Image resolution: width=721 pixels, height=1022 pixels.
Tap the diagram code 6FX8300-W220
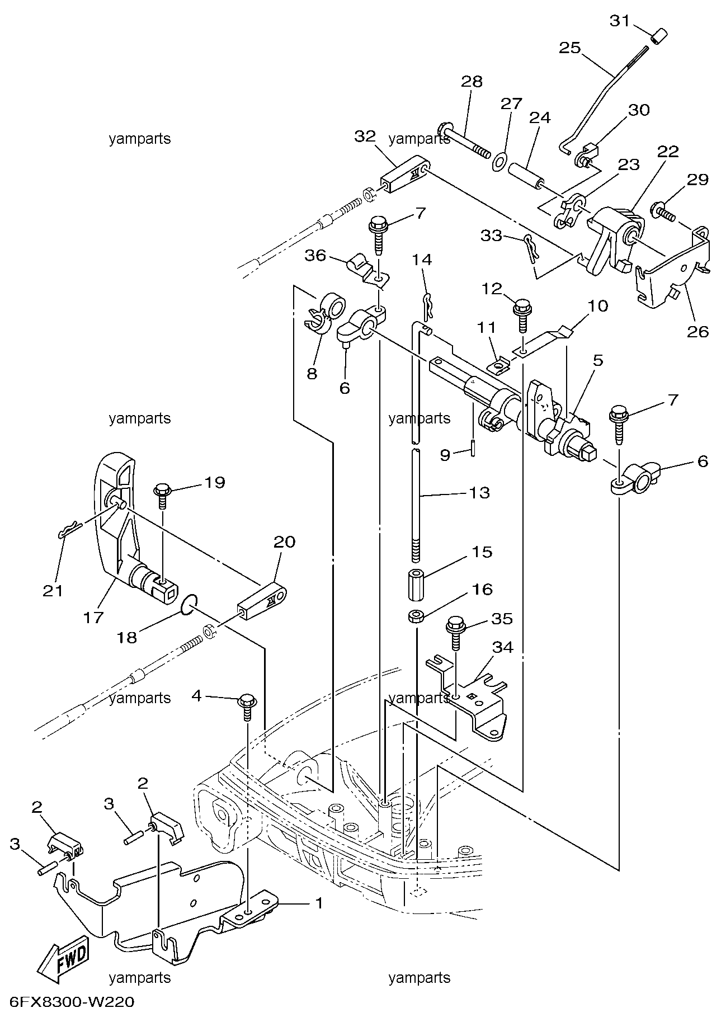(72, 1001)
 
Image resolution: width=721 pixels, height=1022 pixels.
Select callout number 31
(620, 21)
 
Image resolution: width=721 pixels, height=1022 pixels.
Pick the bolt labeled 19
(162, 494)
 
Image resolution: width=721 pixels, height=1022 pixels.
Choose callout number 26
(698, 331)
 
